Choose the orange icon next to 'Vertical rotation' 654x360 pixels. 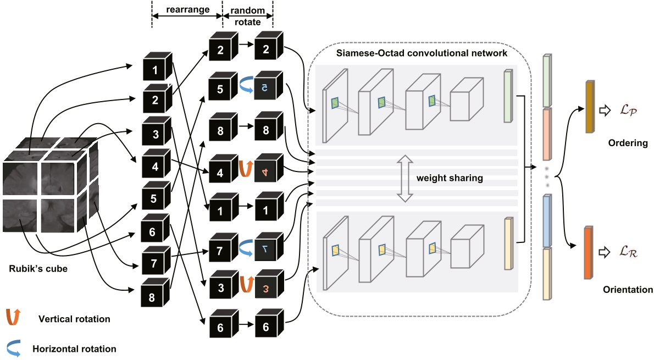click(15, 317)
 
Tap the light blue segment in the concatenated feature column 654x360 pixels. click(547, 220)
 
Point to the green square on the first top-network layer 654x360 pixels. click(334, 103)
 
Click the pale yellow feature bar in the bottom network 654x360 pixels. click(508, 243)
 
